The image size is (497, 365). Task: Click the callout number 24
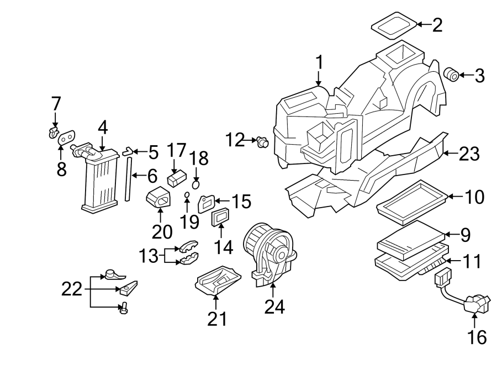(274, 307)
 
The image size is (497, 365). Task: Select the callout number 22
(72, 288)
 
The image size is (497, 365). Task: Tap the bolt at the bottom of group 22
(123, 308)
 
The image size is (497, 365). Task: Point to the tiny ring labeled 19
(187, 194)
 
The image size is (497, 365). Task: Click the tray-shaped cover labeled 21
(217, 280)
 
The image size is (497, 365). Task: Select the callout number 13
(148, 256)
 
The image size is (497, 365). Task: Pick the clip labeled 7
(54, 131)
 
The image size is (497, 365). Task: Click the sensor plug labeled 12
(261, 142)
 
